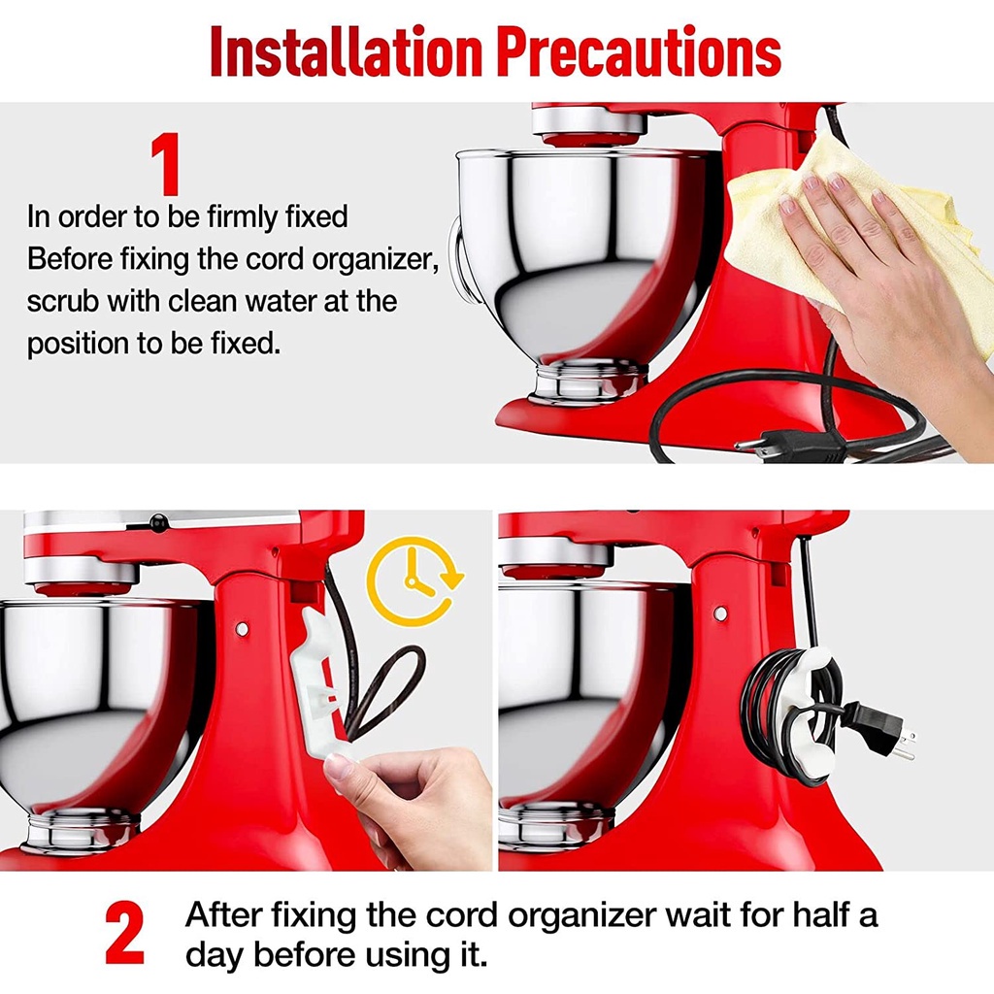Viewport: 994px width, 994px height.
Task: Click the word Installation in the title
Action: coord(346,52)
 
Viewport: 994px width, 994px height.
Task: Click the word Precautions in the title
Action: coord(639,52)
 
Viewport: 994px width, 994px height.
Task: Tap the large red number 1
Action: coord(166,163)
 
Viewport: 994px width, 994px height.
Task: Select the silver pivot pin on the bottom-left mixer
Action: coord(242,629)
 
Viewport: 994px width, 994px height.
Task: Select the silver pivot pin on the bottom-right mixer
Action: coord(720,613)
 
